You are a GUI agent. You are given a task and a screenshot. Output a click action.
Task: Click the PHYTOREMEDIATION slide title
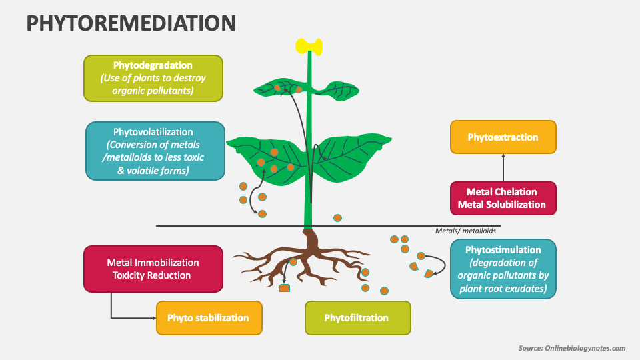coord(131,23)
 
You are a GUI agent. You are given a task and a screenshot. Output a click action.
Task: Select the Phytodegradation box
coord(153,78)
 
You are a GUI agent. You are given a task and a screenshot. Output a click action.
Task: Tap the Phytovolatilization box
coord(155,151)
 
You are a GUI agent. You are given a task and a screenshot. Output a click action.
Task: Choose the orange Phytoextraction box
coord(503,137)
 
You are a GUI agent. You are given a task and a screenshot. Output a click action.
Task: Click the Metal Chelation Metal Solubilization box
coord(503,199)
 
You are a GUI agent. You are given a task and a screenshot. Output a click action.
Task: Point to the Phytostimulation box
coord(503,269)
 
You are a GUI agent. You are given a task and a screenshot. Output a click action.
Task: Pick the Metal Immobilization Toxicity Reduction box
coord(153,269)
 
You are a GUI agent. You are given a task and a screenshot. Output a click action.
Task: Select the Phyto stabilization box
coord(209,318)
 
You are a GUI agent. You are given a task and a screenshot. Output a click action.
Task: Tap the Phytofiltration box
coord(357,318)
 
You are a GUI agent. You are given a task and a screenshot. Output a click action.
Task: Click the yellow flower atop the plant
coord(309,46)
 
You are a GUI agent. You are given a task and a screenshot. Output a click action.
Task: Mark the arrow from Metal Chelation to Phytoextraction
coord(503,168)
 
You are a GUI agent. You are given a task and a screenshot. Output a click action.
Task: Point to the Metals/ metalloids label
coord(465,231)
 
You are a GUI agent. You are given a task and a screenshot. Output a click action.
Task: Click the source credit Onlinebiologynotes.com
coord(572,348)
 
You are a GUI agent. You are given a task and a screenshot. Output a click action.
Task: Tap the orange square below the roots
coord(285,288)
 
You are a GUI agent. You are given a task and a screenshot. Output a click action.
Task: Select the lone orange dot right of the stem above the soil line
coord(337,218)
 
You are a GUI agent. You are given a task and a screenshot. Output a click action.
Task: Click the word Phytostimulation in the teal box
coord(503,250)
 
